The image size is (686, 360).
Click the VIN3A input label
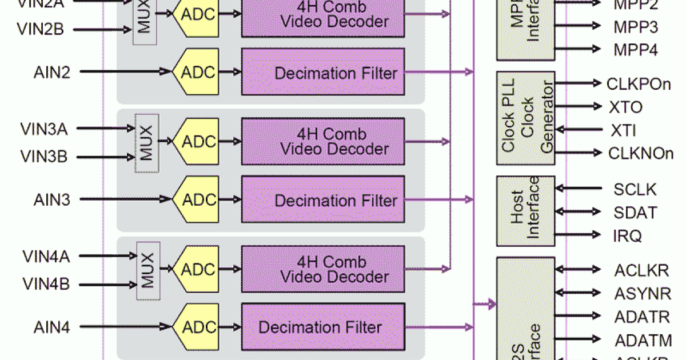coord(44,129)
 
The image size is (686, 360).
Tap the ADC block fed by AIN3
coord(198,199)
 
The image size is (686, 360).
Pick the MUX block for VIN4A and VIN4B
coord(147,271)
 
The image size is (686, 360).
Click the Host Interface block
coord(525,211)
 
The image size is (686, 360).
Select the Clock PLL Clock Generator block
coord(525,118)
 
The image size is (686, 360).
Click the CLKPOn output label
coord(638,84)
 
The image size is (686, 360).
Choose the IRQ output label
coord(627,235)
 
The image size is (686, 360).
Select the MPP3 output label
coord(635,27)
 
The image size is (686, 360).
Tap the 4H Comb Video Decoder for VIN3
coord(323,142)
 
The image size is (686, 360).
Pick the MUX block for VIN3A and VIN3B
coord(147,143)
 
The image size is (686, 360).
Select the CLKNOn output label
coord(640,153)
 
